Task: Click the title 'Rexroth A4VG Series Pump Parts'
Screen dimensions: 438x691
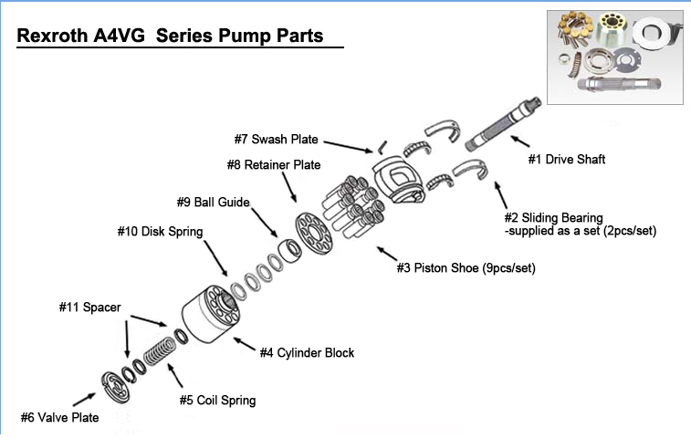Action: (170, 37)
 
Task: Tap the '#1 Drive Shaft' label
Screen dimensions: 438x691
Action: (567, 160)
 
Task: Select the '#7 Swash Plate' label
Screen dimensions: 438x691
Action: (276, 140)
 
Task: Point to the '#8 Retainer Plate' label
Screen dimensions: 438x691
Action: (274, 165)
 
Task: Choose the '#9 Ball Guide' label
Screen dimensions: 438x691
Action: (213, 202)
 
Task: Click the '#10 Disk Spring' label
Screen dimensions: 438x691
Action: (160, 232)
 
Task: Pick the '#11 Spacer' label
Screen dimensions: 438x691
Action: (90, 308)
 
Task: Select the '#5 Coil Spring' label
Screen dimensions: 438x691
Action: (217, 400)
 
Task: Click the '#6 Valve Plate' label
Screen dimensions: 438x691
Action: (59, 418)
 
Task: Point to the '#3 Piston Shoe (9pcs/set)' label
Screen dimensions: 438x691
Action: (466, 268)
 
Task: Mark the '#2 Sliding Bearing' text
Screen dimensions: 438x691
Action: (554, 218)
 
